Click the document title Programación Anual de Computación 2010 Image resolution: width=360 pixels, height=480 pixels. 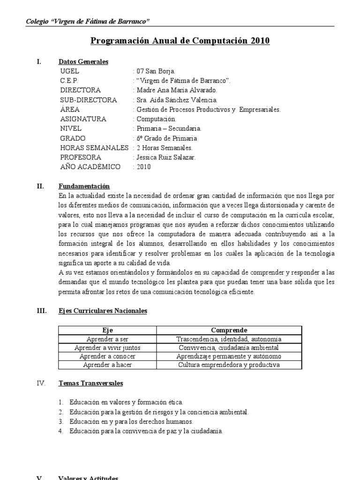(x=180, y=41)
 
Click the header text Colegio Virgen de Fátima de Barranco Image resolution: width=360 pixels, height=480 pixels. (x=88, y=22)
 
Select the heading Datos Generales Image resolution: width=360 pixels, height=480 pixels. (x=83, y=61)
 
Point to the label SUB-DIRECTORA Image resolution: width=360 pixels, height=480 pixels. (x=89, y=100)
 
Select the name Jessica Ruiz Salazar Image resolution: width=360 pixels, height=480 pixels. (x=165, y=157)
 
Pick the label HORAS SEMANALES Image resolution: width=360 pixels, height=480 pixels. (x=94, y=148)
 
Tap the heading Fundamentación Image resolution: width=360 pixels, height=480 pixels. (x=84, y=186)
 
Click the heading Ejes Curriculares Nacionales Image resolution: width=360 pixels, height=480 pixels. (x=103, y=311)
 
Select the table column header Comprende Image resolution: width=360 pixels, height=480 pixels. (x=229, y=330)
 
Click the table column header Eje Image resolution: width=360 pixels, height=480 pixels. (x=107, y=330)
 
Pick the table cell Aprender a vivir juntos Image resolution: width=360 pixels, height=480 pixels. (x=107, y=348)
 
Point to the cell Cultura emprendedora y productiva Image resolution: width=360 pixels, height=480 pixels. (x=229, y=365)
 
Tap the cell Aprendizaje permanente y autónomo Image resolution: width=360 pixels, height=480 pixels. (x=229, y=356)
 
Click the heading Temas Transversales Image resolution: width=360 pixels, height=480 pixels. (x=90, y=383)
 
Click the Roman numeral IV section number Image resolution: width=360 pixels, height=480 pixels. (x=41, y=383)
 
